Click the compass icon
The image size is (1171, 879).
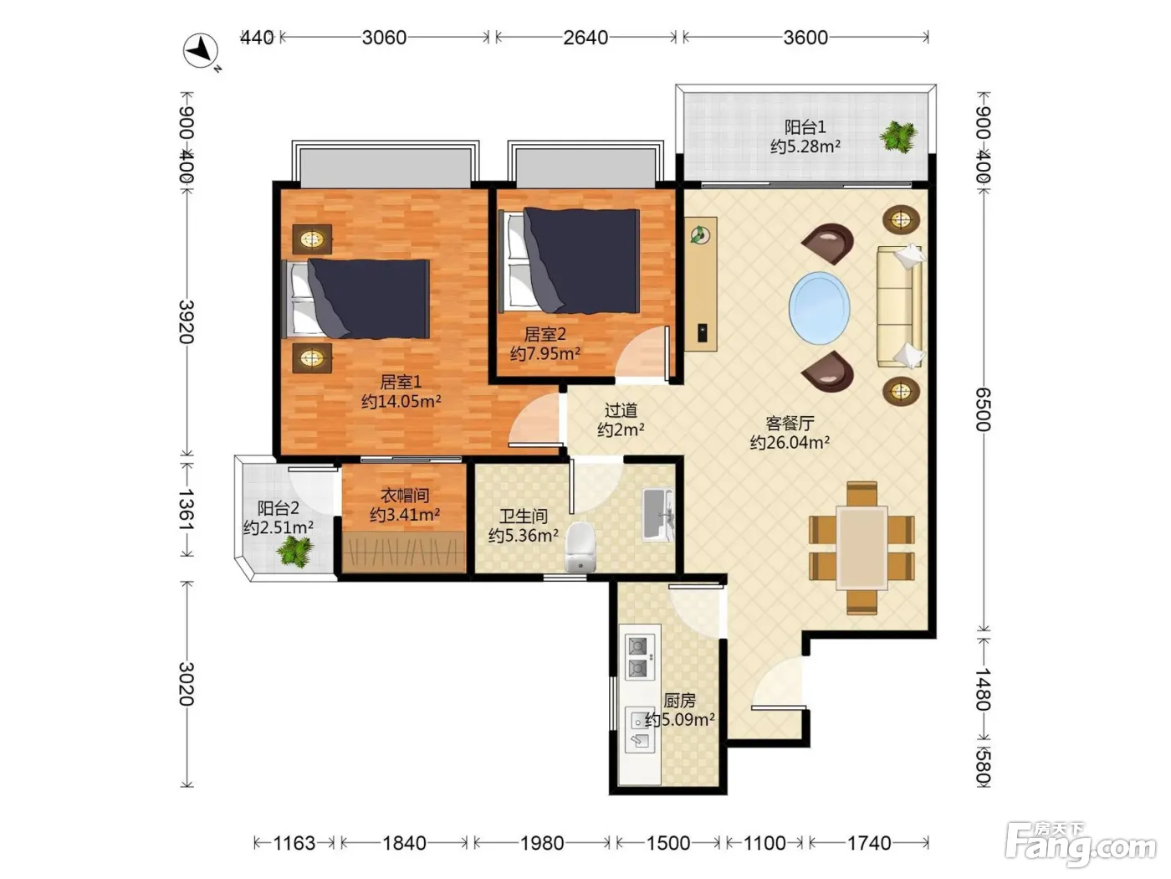(201, 51)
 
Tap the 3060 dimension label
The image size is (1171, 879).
(384, 38)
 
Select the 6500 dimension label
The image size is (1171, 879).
(983, 409)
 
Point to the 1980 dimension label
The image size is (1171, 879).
(542, 843)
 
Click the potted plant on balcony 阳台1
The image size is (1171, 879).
(898, 136)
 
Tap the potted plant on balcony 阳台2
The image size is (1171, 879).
(294, 551)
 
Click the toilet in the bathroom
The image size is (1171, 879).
(580, 547)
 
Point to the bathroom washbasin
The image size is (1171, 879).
(657, 514)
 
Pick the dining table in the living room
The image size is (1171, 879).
(862, 547)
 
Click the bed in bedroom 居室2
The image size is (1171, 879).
(570, 260)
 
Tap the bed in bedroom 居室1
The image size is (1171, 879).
(355, 298)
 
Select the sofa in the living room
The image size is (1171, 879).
(901, 306)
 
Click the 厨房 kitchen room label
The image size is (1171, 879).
(680, 700)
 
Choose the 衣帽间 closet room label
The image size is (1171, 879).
(405, 496)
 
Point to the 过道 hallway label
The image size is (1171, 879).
(621, 410)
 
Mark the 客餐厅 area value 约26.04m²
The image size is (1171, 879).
(790, 443)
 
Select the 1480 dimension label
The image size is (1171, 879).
(983, 689)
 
